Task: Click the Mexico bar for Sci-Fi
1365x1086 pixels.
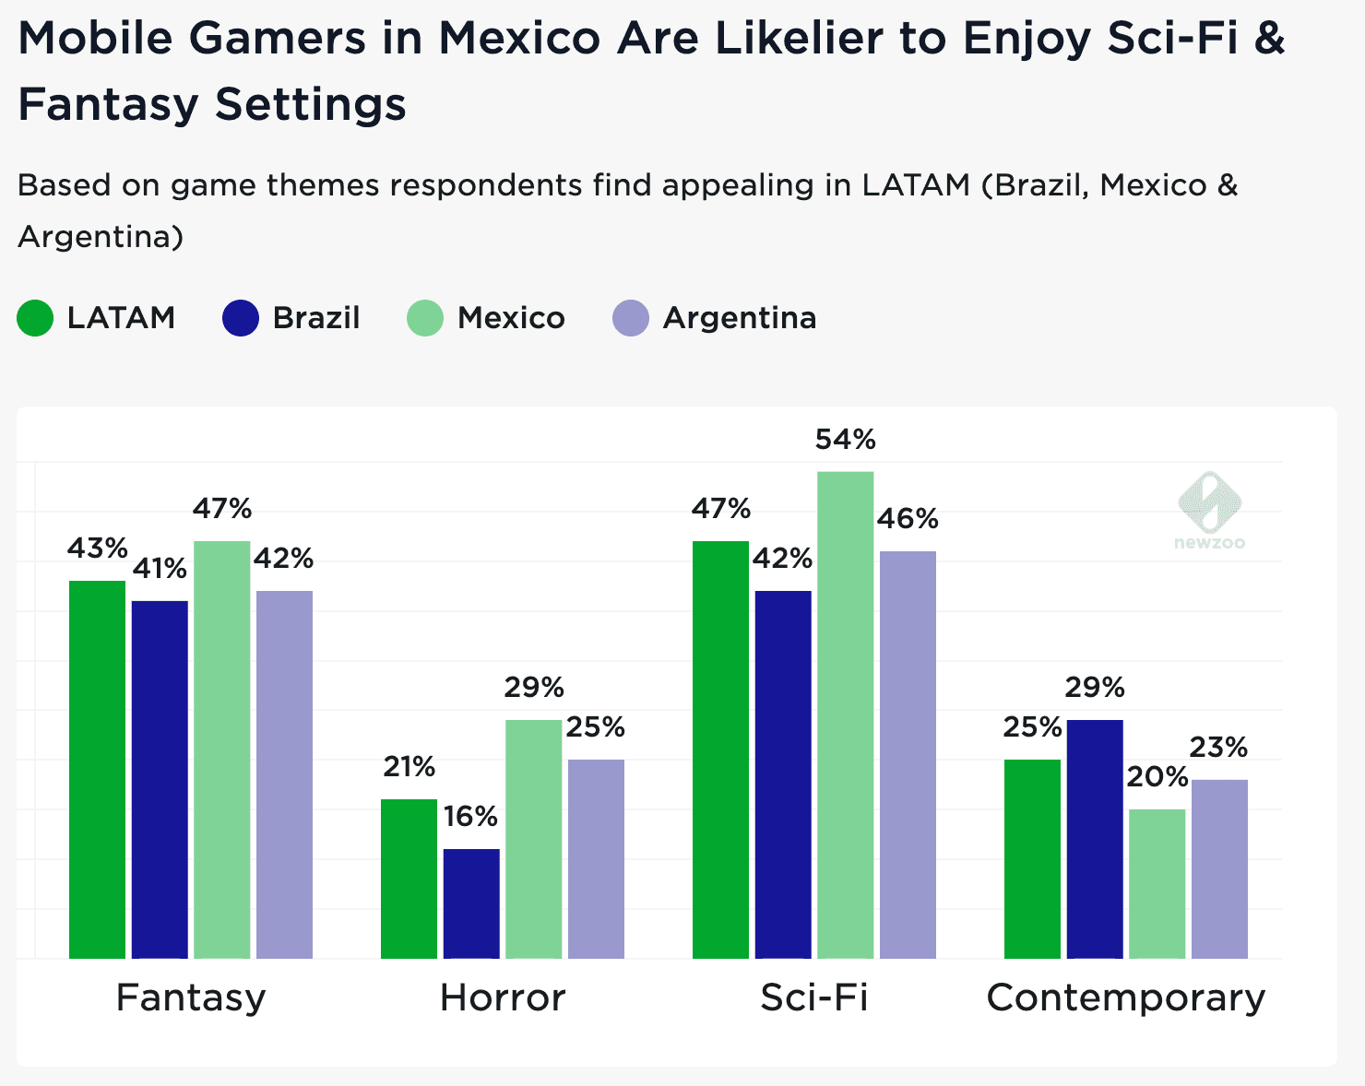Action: click(x=845, y=714)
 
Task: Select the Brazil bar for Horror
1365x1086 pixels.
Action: click(x=471, y=903)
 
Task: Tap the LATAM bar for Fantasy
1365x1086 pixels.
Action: click(x=97, y=770)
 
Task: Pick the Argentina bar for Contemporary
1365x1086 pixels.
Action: click(x=1219, y=869)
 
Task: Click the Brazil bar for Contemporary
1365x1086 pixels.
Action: click(x=1095, y=839)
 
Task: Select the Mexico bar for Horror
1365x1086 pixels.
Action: click(x=533, y=839)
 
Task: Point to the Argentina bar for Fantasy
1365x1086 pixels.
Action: click(x=284, y=774)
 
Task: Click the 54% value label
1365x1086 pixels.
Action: click(x=845, y=440)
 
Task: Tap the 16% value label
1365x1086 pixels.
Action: click(x=470, y=816)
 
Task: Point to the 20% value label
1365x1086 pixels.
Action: click(x=1157, y=777)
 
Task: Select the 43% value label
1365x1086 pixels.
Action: click(x=97, y=549)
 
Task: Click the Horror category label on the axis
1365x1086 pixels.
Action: click(x=503, y=997)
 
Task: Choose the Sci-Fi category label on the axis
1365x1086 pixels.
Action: click(x=814, y=997)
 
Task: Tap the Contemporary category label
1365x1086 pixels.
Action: click(x=1126, y=997)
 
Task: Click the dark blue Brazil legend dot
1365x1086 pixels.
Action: click(x=241, y=318)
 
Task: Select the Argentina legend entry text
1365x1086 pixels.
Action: click(x=740, y=318)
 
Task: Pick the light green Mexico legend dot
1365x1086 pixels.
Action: click(x=425, y=318)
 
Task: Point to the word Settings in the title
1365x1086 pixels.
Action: click(x=311, y=104)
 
